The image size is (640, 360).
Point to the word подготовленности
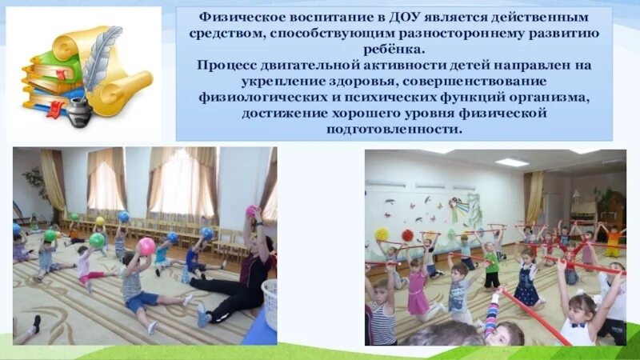point(394,130)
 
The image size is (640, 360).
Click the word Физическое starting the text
point(238,17)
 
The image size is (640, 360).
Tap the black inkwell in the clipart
point(78,113)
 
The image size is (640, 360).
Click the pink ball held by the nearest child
point(146,246)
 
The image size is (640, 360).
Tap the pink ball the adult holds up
point(251,211)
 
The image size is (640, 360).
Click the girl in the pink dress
point(418,290)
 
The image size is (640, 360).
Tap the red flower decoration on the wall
point(406,235)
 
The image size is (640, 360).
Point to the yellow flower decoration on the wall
point(382,234)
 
